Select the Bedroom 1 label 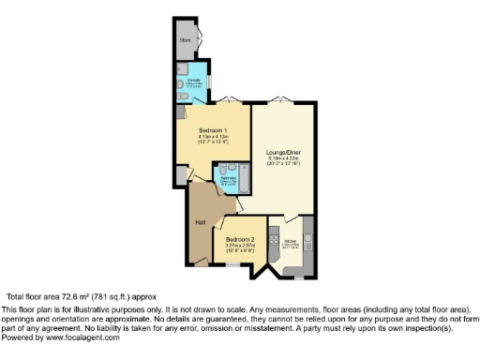click(208, 129)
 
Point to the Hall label click(200, 222)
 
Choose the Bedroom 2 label click(239, 240)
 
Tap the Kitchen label click(292, 242)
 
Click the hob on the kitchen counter click(274, 241)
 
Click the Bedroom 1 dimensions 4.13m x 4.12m click(208, 137)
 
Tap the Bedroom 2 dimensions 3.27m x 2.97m click(239, 247)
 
